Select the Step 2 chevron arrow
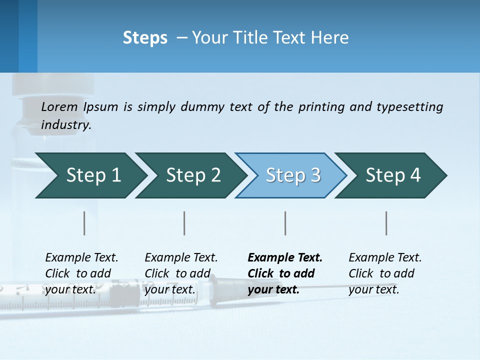tap(192, 175)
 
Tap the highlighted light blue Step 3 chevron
tap(292, 175)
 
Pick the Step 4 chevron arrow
tap(392, 175)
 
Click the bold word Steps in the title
tap(145, 38)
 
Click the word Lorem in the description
tap(59, 106)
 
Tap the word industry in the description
tap(66, 124)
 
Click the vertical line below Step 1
tap(84, 223)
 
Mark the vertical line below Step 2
tap(184, 223)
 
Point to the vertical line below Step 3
tap(285, 223)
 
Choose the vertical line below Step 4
tap(386, 223)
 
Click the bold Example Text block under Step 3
tap(285, 273)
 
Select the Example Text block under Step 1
tap(81, 273)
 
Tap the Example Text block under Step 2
tap(181, 273)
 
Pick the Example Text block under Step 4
tap(385, 273)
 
